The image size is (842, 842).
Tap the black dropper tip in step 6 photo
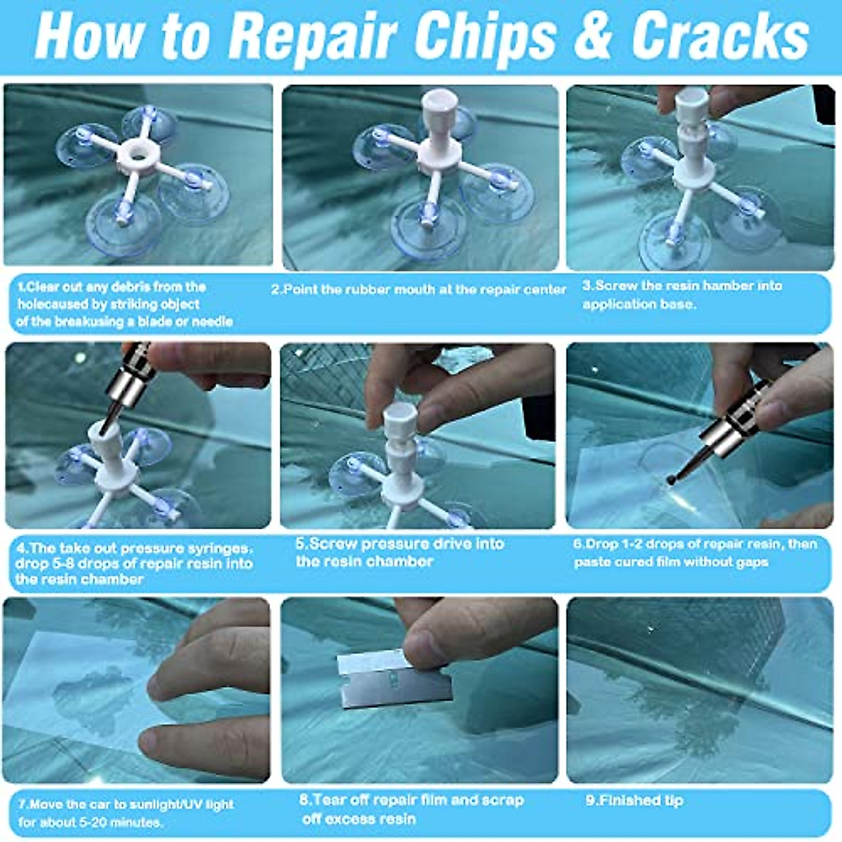click(x=669, y=479)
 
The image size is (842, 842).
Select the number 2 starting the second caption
click(x=275, y=290)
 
